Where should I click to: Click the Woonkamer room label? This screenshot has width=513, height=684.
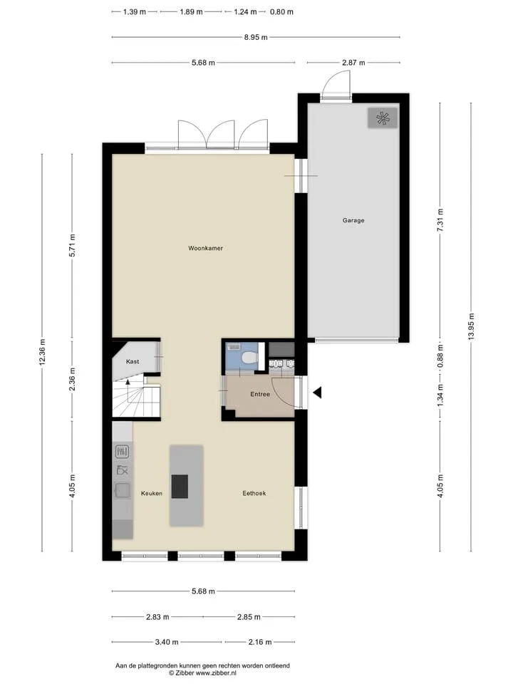(205, 248)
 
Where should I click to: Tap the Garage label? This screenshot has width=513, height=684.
(353, 220)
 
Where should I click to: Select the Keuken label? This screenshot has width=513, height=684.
(151, 493)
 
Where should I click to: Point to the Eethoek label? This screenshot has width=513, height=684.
(254, 493)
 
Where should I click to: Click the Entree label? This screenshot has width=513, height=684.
(260, 394)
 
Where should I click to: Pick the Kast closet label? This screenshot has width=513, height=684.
(133, 361)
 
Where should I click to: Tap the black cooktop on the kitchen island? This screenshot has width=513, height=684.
(180, 487)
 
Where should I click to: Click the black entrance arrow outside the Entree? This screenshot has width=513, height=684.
(317, 393)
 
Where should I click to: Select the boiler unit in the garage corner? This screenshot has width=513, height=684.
(383, 118)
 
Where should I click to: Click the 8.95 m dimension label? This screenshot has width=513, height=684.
(256, 38)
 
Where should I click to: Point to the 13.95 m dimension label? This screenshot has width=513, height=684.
(471, 327)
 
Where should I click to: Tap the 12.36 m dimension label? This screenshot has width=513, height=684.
(42, 351)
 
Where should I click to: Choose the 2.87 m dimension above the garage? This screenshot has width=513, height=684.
(353, 63)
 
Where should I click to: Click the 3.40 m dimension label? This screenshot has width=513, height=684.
(167, 642)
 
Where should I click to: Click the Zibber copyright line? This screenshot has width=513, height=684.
(203, 673)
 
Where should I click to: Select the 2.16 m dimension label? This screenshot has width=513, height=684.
(259, 642)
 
